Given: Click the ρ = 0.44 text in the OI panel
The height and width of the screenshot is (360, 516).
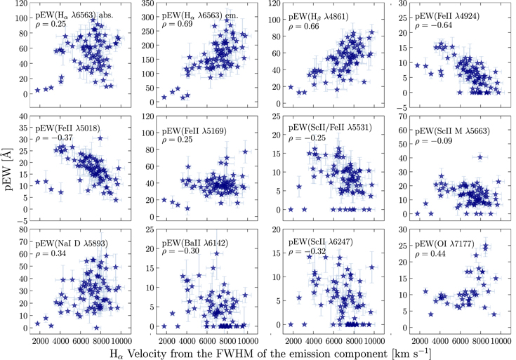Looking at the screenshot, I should (427, 253).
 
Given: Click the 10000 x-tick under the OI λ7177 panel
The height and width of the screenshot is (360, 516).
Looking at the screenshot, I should (499, 339).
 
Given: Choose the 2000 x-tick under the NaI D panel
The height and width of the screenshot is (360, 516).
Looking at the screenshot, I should (39, 339).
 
